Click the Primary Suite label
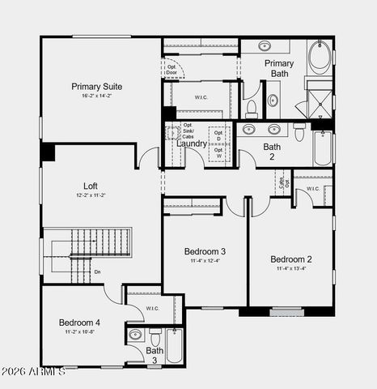pos(96,86)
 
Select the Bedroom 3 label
pos(204,251)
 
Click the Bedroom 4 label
pos(80,323)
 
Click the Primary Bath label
pos(280,68)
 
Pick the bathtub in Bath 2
pos(323,148)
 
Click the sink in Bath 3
pos(135,334)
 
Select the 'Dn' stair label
pos(97,272)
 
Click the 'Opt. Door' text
pos(172,70)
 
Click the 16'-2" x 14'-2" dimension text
pos(96,96)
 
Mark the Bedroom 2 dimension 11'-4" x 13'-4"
pos(291,269)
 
